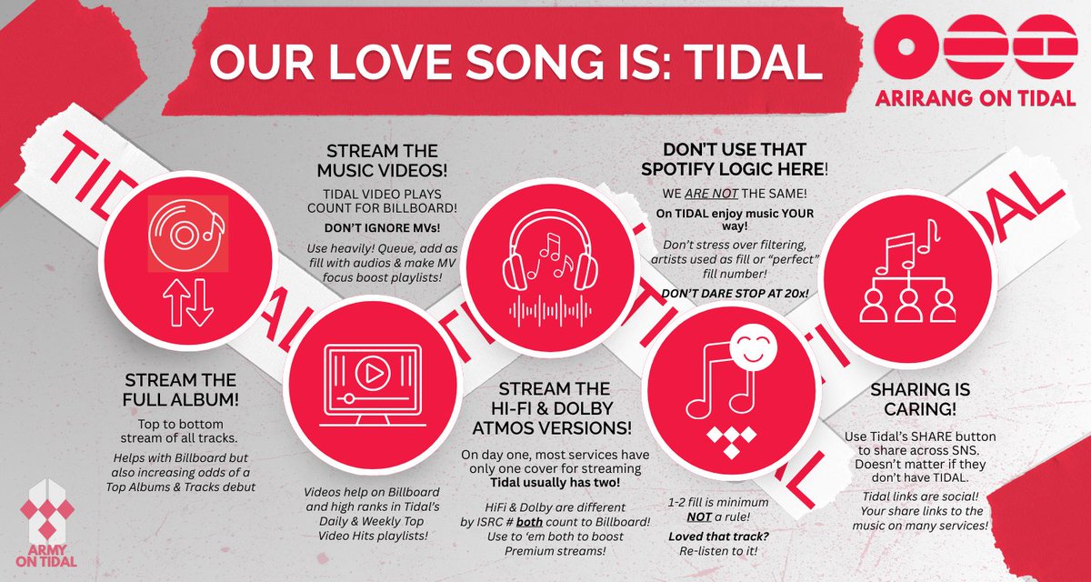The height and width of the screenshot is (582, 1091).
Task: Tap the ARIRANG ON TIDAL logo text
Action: [x=973, y=98]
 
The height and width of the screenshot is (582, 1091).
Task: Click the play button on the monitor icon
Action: [x=369, y=373]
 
